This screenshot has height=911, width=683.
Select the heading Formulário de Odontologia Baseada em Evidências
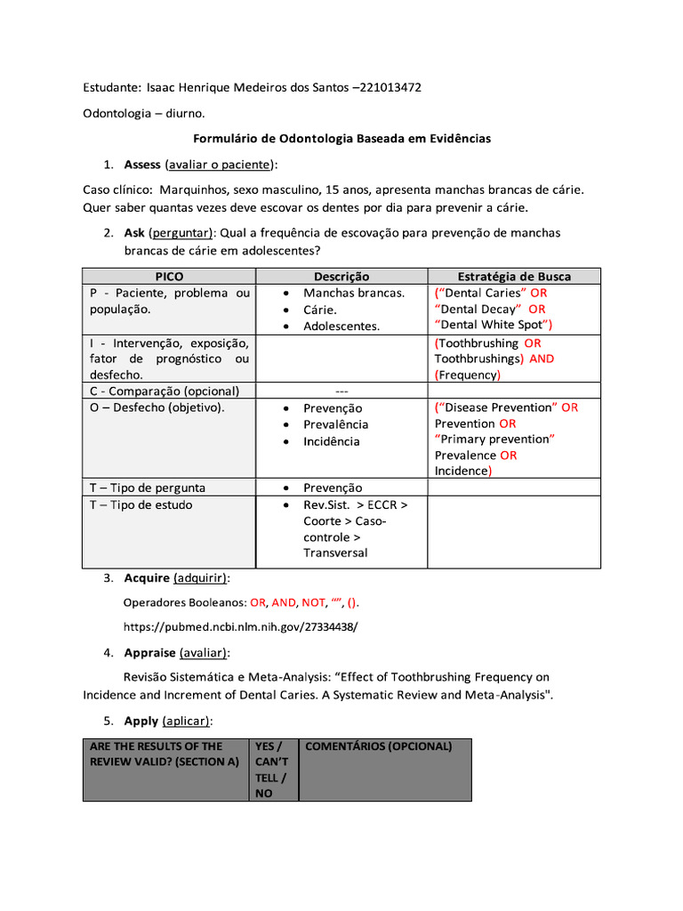(x=341, y=139)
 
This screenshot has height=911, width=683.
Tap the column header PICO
(x=169, y=277)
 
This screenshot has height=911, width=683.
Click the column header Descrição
(x=341, y=277)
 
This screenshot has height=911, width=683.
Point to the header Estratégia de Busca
(x=514, y=277)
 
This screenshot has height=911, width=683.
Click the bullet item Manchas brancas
(x=354, y=293)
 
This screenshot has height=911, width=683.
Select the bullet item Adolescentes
(x=341, y=326)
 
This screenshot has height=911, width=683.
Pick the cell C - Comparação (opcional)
(x=165, y=391)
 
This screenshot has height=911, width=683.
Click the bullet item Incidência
(x=332, y=441)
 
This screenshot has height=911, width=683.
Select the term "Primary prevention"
(x=494, y=439)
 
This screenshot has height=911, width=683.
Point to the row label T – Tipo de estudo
(x=141, y=504)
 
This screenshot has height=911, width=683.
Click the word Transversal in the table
(x=335, y=552)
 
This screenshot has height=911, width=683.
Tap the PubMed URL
(x=239, y=626)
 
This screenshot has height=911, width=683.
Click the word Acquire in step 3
(x=146, y=578)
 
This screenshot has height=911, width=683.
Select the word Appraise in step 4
(x=149, y=652)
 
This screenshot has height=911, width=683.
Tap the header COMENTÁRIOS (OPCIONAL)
(x=378, y=746)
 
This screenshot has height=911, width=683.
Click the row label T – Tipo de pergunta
(x=147, y=488)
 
